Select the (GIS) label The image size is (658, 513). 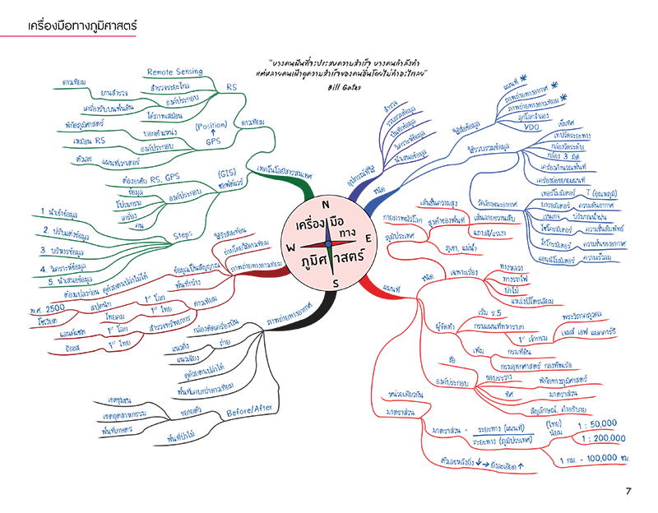(228, 173)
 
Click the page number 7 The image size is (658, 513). (628, 492)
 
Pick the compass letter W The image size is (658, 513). (290, 246)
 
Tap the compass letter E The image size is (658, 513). (368, 238)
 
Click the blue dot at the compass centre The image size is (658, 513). (328, 243)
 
